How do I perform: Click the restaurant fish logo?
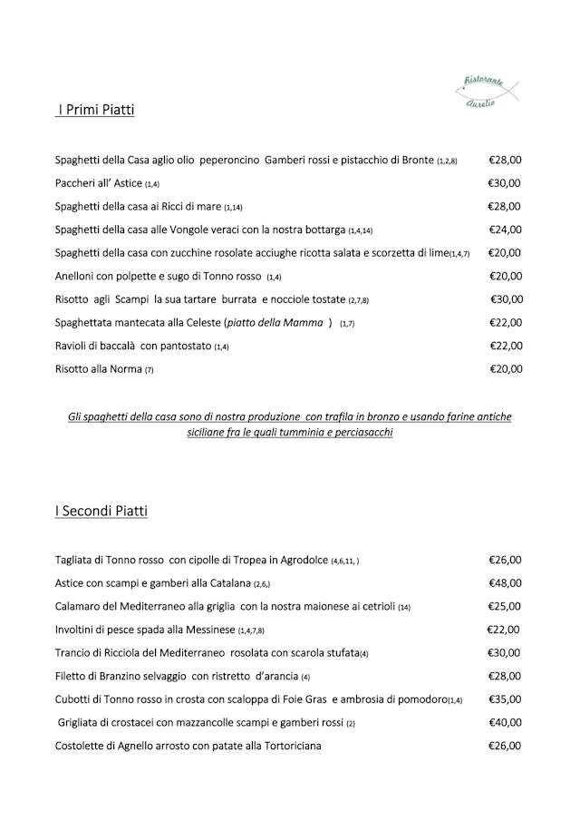click(489, 92)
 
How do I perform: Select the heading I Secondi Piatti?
click(101, 512)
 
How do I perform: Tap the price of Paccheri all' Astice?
click(505, 183)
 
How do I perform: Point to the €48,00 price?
click(505, 583)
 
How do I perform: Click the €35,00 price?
click(505, 699)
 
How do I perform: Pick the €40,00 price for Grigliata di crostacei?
click(505, 723)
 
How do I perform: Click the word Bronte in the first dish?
click(414, 161)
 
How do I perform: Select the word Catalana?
click(227, 583)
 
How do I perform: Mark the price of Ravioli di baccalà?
click(506, 346)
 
